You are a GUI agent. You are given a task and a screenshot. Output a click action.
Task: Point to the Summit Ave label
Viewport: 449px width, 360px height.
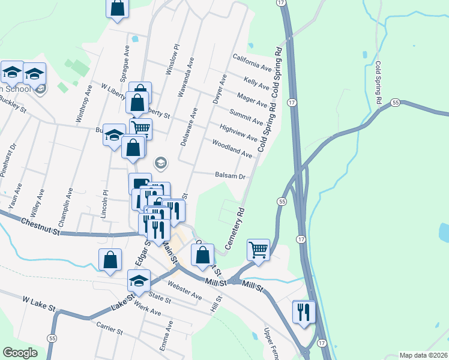point(247,117)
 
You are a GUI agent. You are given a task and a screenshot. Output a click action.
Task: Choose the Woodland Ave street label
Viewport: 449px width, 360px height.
point(232,148)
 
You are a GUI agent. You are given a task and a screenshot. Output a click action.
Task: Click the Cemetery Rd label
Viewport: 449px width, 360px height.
point(236,229)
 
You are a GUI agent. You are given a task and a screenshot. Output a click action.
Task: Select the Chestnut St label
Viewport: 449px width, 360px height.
point(41,226)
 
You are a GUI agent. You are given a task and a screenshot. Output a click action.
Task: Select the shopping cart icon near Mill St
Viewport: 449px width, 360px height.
point(259,249)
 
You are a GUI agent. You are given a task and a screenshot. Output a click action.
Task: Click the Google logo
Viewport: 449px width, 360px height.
point(20,353)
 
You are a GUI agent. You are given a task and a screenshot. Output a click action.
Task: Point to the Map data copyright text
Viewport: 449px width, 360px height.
point(423,355)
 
